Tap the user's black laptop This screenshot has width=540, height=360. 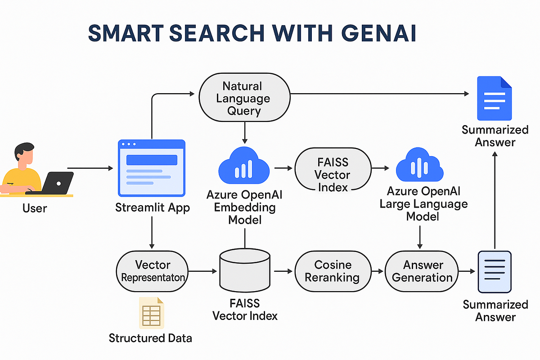[x=57, y=182]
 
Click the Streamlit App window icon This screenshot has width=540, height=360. [x=152, y=168]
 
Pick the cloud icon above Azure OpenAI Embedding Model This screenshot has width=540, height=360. [x=243, y=166]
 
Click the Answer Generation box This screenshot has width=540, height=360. [x=422, y=271]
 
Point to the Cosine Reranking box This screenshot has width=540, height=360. [x=333, y=271]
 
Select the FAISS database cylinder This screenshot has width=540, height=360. [x=244, y=271]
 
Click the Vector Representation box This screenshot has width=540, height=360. [x=153, y=271]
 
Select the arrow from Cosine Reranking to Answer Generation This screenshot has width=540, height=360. [x=378, y=271]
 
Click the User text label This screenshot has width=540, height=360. [x=34, y=208]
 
